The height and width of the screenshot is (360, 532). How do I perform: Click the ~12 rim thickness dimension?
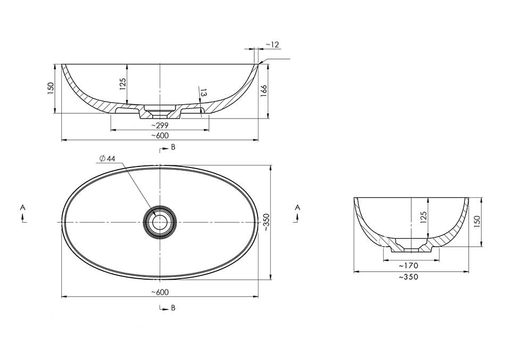[x=272, y=45]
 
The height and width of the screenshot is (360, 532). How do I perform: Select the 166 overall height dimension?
[x=264, y=91]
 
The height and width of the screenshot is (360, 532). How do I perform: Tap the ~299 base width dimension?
[x=160, y=125]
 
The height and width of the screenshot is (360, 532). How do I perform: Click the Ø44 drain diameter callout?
[x=107, y=158]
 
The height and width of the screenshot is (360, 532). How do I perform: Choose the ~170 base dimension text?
[x=409, y=265]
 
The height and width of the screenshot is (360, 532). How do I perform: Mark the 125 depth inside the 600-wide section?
[x=123, y=84]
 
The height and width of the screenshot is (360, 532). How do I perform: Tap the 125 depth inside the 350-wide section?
[x=423, y=217]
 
